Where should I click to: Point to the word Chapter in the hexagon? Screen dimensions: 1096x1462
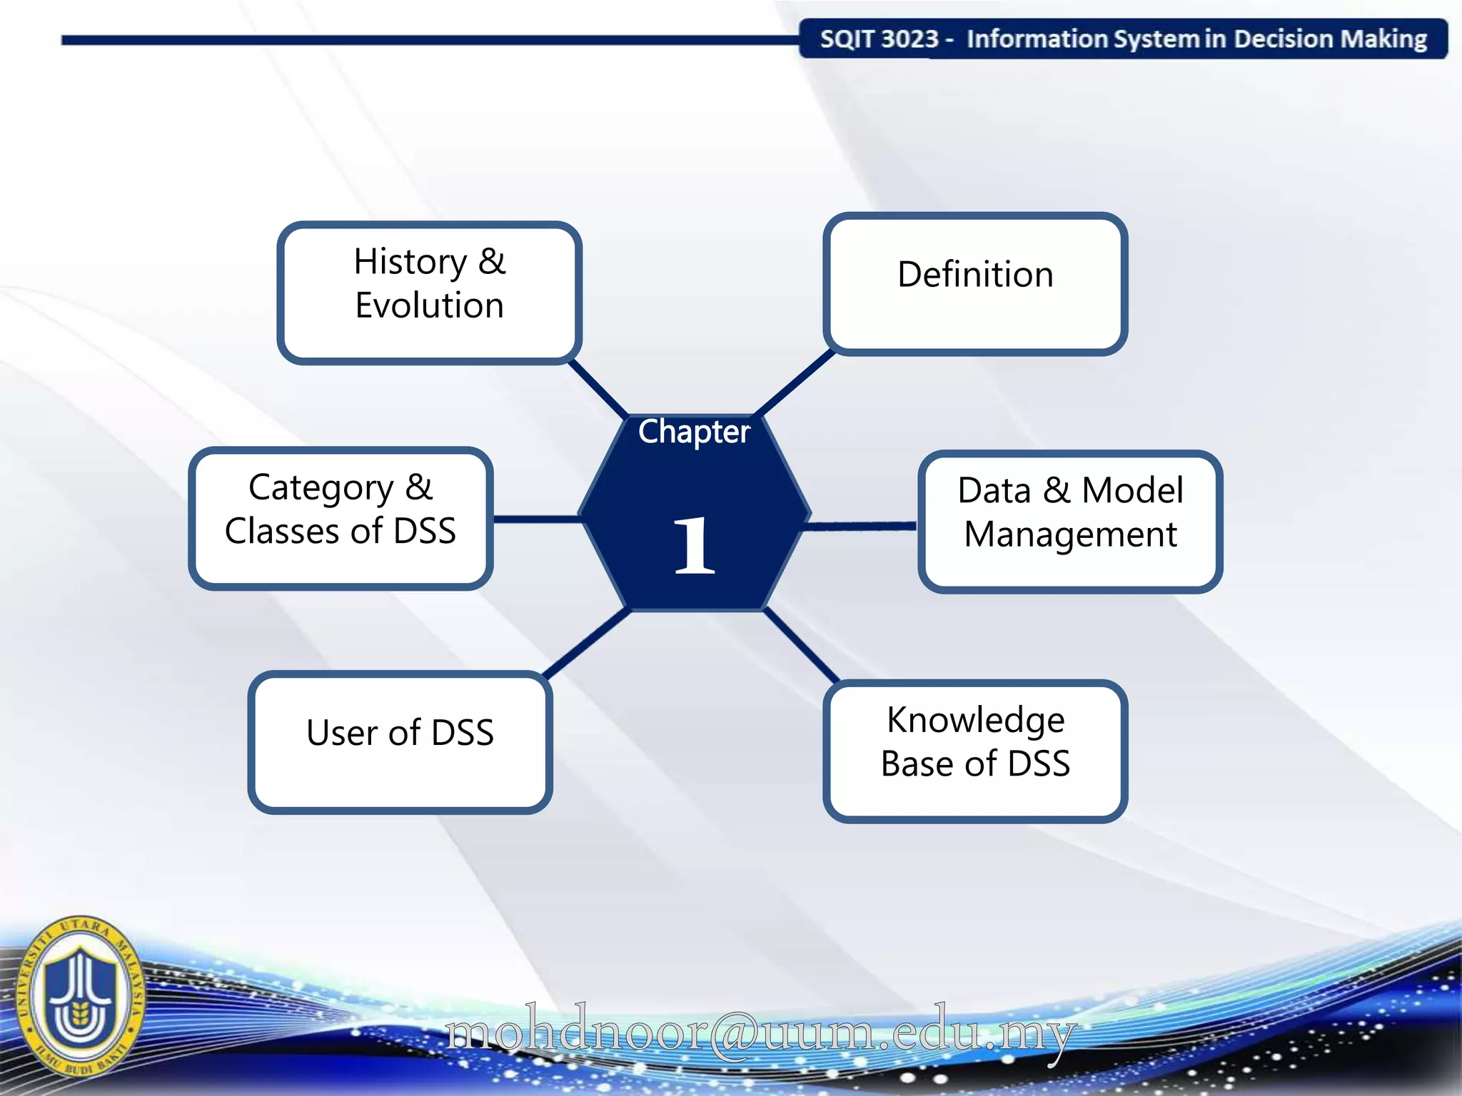pos(694,432)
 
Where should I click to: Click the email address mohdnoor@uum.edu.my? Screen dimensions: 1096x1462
pos(760,1033)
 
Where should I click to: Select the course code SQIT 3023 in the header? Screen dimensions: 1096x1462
pos(879,39)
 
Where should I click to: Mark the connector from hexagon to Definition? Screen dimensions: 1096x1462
pos(795,383)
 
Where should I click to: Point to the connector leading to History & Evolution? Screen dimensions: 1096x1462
pos(598,389)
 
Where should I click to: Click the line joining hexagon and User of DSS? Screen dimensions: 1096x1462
pos(587,642)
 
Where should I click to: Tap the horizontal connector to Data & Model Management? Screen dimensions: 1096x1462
pos(860,527)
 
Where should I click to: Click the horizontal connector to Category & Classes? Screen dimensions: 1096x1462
pos(537,519)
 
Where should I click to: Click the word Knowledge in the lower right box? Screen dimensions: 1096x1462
pos(975,719)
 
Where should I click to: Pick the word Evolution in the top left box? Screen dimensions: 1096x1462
pos(429,305)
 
